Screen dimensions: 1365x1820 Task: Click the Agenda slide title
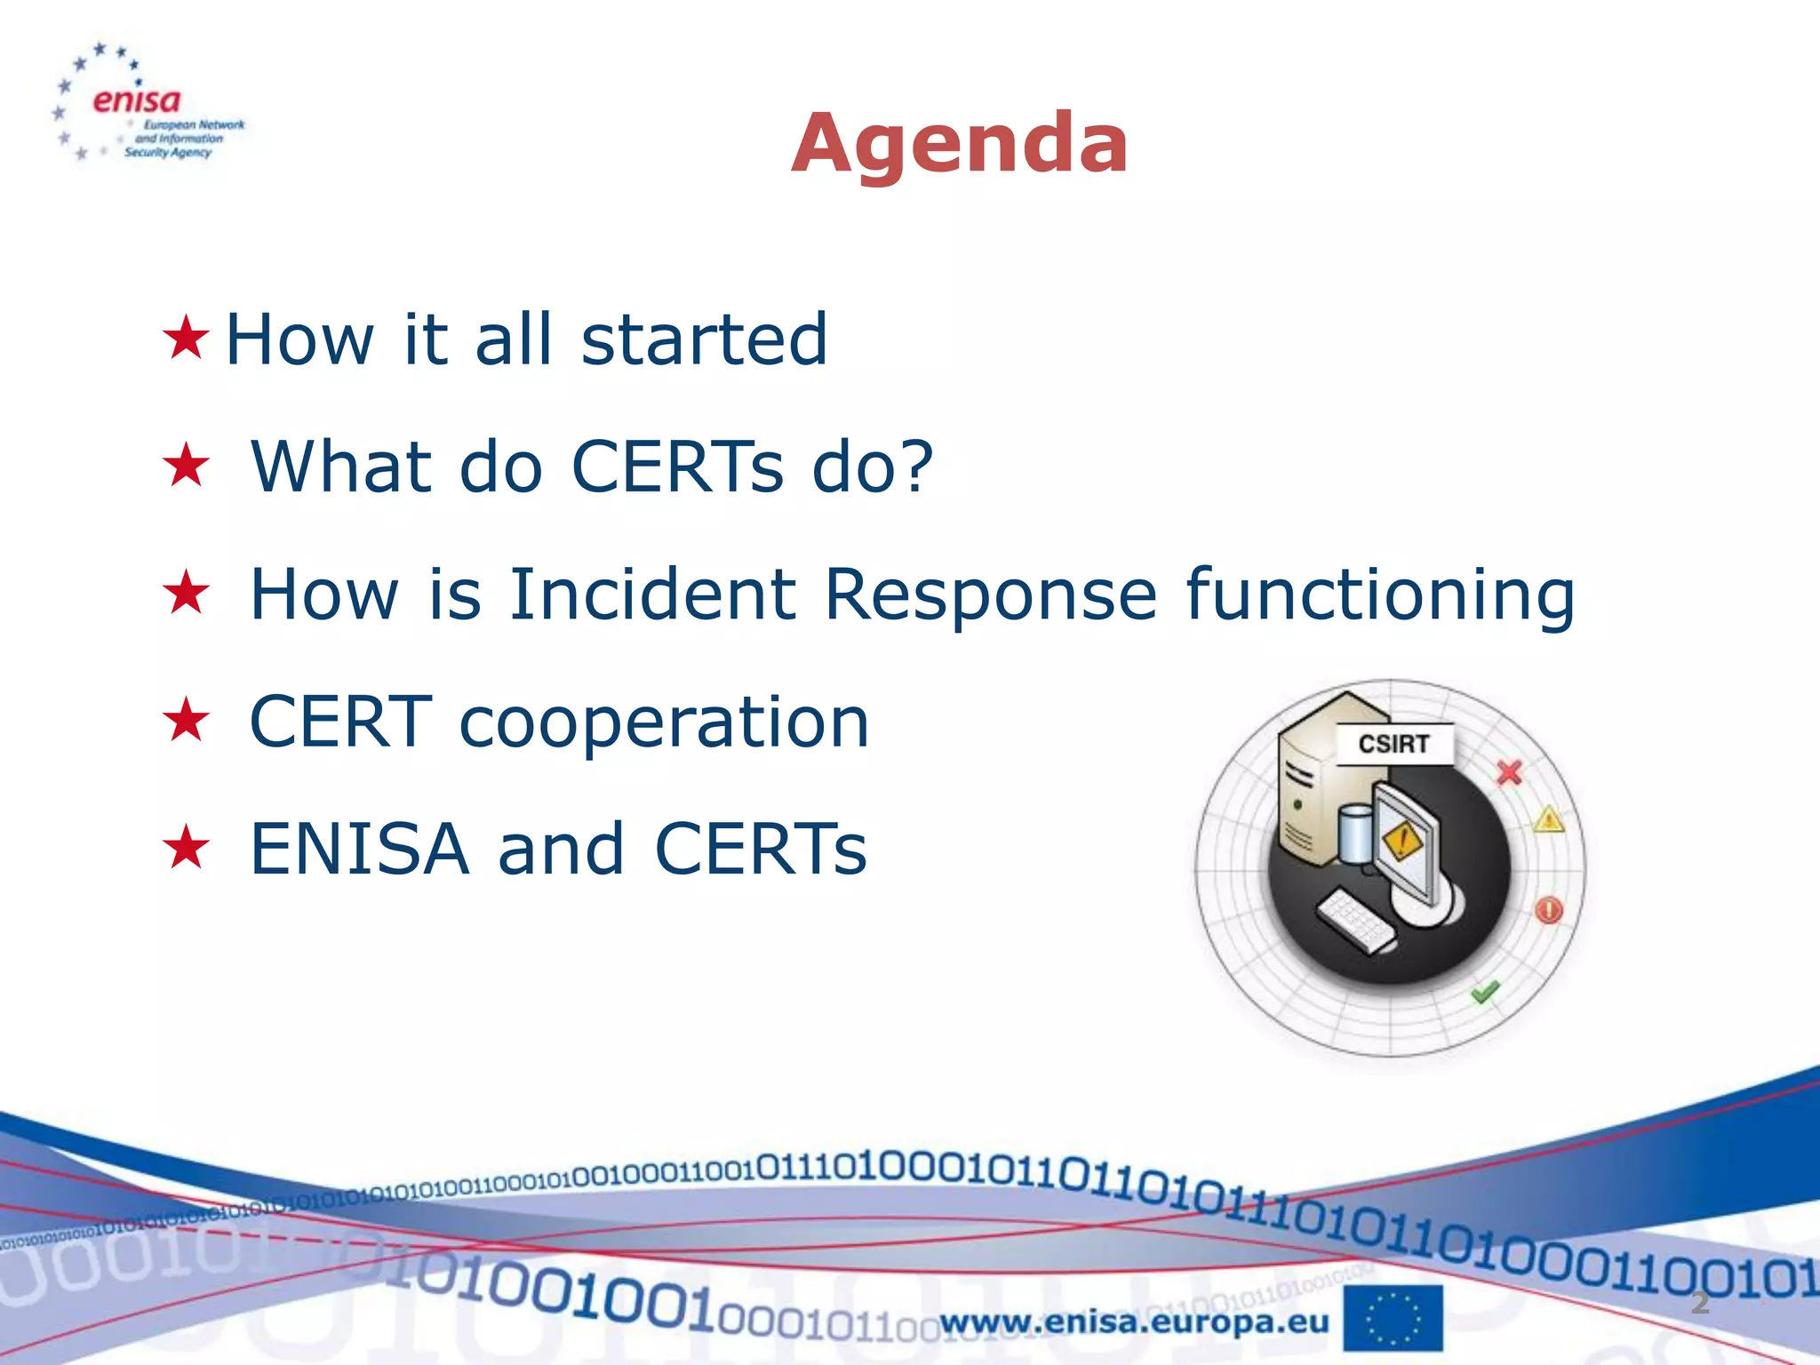pos(960,144)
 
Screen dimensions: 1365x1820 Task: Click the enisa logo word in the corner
pos(136,100)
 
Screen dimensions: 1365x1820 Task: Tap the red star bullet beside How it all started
pos(186,339)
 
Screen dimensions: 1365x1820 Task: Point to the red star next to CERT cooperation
pos(186,720)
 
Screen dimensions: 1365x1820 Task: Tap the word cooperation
pos(663,722)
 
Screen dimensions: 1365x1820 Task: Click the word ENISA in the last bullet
pos(359,849)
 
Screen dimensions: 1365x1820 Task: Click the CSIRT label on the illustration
pos(1393,744)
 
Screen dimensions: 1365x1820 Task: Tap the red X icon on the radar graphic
pos(1509,772)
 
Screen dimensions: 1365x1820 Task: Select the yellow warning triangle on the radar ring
pos(1549,819)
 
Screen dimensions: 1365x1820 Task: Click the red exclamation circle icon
pos(1549,910)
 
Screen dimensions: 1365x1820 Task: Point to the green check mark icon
pos(1485,991)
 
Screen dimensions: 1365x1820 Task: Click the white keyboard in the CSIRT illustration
pos(1354,922)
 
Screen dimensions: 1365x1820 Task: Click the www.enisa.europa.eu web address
pos(1134,1322)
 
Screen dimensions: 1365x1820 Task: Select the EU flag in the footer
pos(1393,1319)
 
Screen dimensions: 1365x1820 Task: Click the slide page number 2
pos(1699,1303)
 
